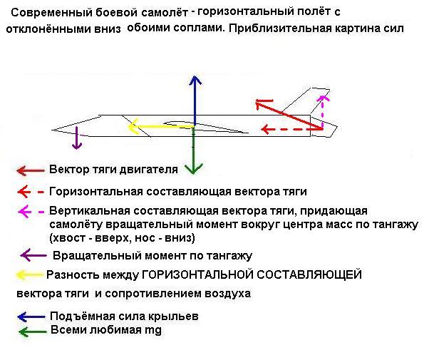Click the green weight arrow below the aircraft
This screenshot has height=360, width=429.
tap(193, 150)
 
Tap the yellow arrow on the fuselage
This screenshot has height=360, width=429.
tap(161, 126)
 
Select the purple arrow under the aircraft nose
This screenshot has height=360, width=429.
tap(77, 138)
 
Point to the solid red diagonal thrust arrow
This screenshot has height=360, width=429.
tap(289, 115)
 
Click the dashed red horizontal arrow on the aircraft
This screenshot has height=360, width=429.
tap(292, 129)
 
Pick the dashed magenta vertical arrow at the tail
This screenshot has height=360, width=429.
tap(323, 112)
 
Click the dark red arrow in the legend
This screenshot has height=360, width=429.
tap(31, 171)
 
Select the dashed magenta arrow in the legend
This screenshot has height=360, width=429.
tap(31, 212)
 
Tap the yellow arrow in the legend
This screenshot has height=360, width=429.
tap(29, 274)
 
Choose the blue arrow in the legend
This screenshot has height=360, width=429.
tap(31, 317)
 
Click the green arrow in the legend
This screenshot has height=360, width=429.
tap(33, 331)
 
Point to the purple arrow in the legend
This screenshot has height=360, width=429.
tap(33, 256)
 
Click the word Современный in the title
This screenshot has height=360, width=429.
tap(51, 13)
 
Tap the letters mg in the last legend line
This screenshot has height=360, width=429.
tap(153, 330)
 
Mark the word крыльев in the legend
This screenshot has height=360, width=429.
tap(173, 317)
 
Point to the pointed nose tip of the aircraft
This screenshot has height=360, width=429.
tap(52, 130)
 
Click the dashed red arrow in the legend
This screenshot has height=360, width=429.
tap(31, 192)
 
